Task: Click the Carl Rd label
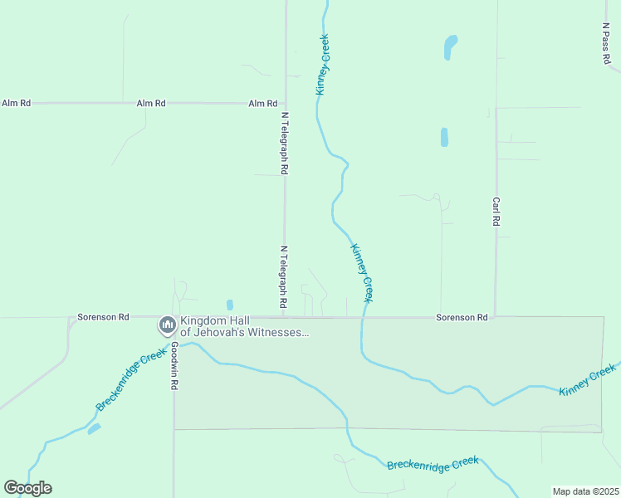[496, 212]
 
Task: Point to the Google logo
[27, 488]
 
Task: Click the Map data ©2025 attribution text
[585, 491]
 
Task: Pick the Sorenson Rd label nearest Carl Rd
[462, 318]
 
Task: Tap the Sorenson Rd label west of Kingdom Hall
[103, 317]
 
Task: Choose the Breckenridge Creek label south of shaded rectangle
[433, 463]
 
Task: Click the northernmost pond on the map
[450, 46]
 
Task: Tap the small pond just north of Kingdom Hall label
[230, 305]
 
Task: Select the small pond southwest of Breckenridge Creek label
[94, 429]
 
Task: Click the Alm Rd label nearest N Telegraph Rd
[262, 104]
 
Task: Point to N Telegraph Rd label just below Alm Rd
[284, 143]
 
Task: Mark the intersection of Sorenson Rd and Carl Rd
[496, 316]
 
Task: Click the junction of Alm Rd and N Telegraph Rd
[286, 103]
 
